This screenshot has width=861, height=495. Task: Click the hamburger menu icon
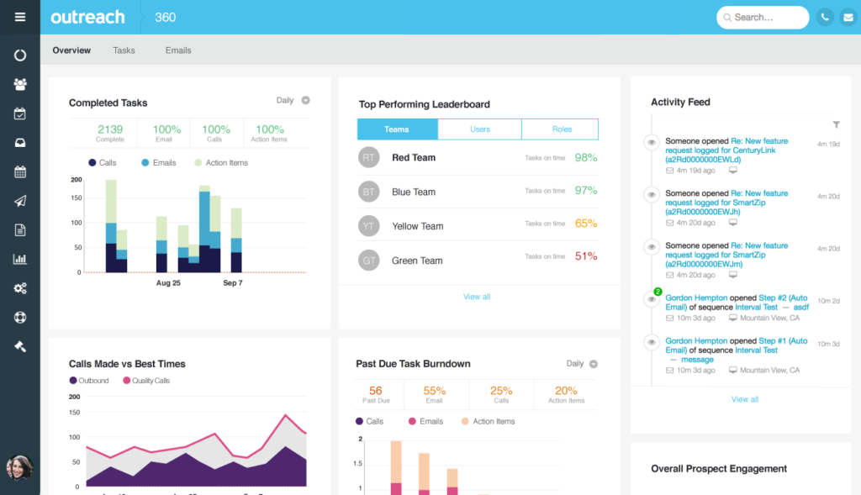click(x=20, y=17)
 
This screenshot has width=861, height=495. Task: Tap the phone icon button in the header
click(x=825, y=17)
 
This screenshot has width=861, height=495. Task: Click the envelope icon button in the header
click(x=848, y=17)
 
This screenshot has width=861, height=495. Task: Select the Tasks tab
click(x=124, y=50)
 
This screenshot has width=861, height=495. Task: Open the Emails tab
click(x=178, y=50)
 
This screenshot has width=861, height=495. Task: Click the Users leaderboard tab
click(x=479, y=129)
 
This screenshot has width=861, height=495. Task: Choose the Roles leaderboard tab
click(x=562, y=129)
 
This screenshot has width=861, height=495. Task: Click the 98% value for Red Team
click(x=586, y=157)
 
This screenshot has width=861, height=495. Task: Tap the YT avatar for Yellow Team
click(x=368, y=225)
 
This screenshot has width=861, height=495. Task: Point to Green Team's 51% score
click(x=586, y=256)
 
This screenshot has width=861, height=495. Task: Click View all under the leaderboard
click(x=477, y=297)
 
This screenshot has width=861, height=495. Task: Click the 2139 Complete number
click(x=110, y=129)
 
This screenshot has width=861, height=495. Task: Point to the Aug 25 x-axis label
click(x=168, y=283)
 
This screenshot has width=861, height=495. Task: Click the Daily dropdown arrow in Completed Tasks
click(x=305, y=100)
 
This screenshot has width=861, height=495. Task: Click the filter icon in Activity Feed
click(x=836, y=124)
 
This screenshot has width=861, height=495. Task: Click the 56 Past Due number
click(x=375, y=391)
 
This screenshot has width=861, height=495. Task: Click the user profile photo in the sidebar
click(x=19, y=467)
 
